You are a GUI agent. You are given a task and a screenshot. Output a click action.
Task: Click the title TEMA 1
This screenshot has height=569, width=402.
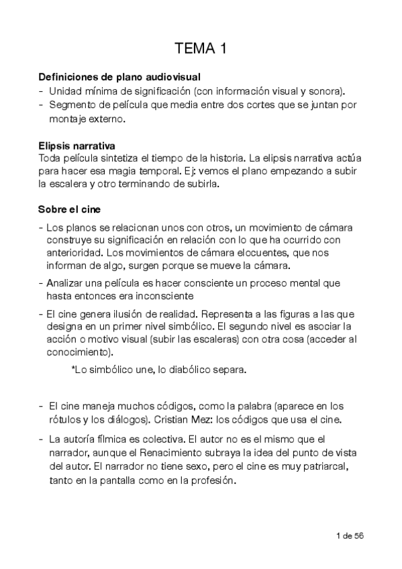(x=201, y=48)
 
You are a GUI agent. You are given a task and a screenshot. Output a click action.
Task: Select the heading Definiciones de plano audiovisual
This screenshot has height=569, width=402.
(x=119, y=77)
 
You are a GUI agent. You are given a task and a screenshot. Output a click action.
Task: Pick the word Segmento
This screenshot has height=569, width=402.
(x=72, y=105)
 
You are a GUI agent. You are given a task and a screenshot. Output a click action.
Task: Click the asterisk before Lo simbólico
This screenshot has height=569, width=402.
(x=72, y=369)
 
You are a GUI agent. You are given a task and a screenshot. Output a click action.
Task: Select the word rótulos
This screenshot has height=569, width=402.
(x=64, y=419)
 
